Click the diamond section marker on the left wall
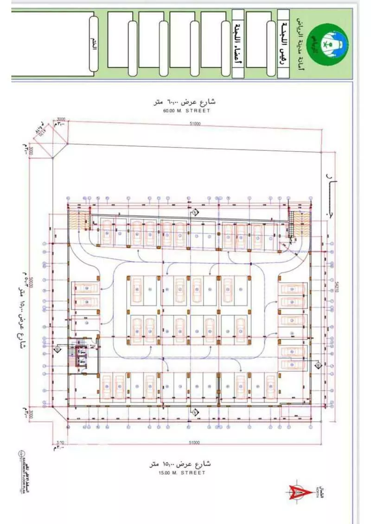[x=57, y=349]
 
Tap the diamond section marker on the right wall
[x=319, y=366]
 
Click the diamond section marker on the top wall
[x=195, y=212]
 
